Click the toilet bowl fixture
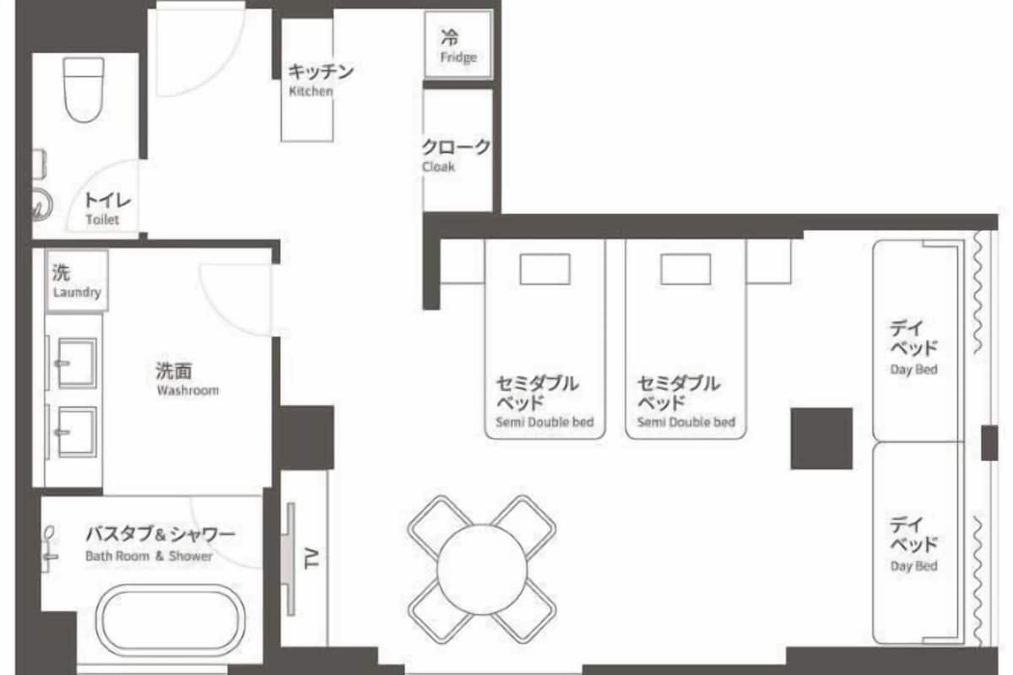click(84, 89)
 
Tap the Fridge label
click(458, 57)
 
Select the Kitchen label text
click(311, 91)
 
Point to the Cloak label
click(438, 167)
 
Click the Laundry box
click(78, 281)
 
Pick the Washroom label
click(187, 390)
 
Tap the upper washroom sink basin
click(78, 363)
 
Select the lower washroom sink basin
click(78, 432)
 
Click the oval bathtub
click(171, 620)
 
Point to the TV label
click(311, 559)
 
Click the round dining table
click(482, 570)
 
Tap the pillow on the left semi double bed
click(545, 269)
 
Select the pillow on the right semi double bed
click(685, 269)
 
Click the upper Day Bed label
click(914, 370)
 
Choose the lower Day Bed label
click(914, 565)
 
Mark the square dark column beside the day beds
click(821, 439)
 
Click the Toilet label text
click(103, 219)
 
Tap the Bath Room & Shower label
click(149, 556)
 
